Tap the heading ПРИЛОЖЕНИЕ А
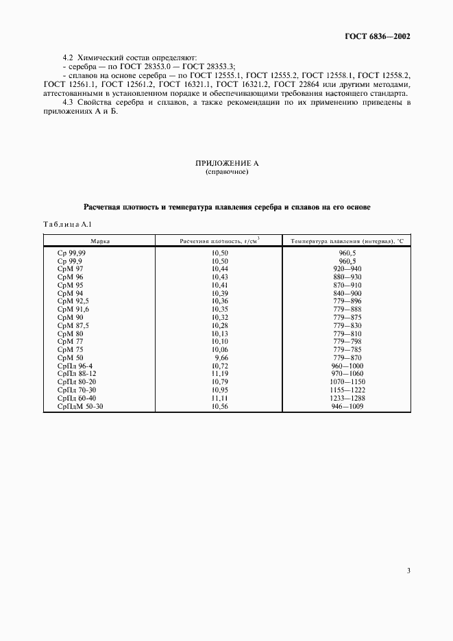tap(226, 164)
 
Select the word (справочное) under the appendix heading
tap(226, 172)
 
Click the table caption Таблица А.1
tap(67, 224)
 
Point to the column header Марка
tap(99, 241)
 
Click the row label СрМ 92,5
tap(73, 301)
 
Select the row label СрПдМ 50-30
tap(79, 407)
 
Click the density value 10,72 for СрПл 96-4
tap(219, 366)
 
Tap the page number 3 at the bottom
tap(408, 570)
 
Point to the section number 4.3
tap(67, 102)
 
